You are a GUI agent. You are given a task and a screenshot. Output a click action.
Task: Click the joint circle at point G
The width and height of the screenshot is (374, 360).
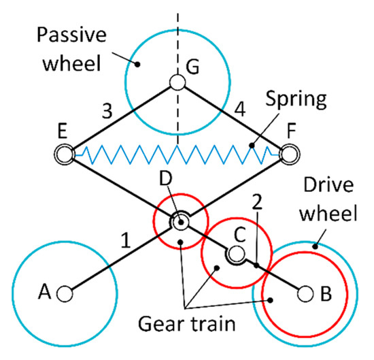[x=178, y=83]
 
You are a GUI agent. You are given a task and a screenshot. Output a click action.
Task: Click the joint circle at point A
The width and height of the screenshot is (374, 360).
[x=65, y=294]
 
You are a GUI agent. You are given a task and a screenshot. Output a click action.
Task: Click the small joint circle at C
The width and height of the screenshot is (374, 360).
[x=235, y=255]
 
